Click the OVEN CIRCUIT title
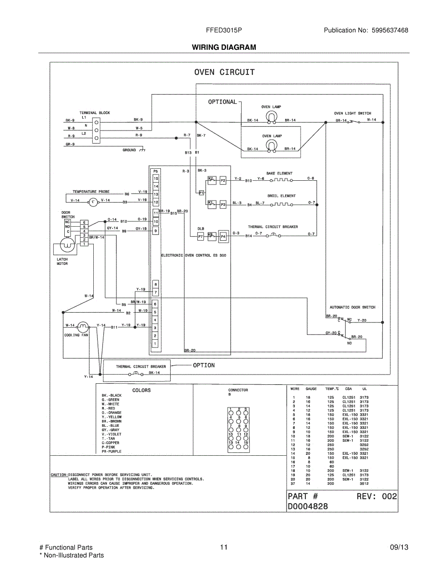(x=224, y=72)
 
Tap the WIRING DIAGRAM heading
(x=224, y=47)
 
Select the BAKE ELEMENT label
(x=279, y=173)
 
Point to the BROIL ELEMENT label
(x=281, y=196)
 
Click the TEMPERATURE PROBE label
(x=91, y=192)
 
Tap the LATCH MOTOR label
(x=62, y=261)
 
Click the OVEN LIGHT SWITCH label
(x=353, y=113)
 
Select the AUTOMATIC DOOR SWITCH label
(x=352, y=307)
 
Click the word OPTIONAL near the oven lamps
(x=222, y=102)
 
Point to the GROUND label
(x=129, y=150)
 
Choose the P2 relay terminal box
(x=223, y=180)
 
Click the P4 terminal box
(x=223, y=236)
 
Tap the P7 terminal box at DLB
(x=200, y=236)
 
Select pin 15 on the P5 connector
(x=156, y=178)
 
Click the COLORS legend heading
(x=142, y=390)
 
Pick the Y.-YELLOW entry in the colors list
(x=112, y=417)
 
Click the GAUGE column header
(x=311, y=389)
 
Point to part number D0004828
(x=308, y=507)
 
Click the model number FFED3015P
(x=224, y=30)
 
